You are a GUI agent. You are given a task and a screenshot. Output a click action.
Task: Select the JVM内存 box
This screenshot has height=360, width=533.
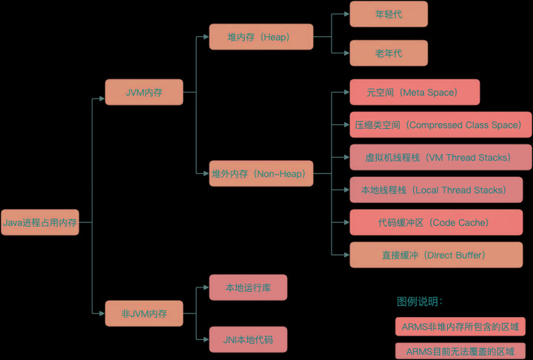pos(144,93)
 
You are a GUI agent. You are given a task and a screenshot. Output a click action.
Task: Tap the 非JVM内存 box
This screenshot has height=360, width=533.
pos(144,313)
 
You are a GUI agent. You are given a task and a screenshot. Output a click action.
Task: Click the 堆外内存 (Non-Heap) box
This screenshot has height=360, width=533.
pos(261,174)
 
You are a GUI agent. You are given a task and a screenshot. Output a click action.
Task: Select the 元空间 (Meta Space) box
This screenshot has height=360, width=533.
pos(415,93)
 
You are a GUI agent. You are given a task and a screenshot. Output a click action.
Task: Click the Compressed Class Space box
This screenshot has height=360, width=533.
pos(440,125)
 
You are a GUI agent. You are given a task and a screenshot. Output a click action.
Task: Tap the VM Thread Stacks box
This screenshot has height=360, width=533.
pos(440,158)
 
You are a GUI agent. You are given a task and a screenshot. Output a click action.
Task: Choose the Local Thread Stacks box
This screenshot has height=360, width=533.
pos(440,190)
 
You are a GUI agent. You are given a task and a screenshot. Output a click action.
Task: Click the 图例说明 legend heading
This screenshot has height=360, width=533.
pos(420,301)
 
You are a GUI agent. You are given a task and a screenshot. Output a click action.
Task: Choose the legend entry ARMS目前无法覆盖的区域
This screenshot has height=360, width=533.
pos(460,350)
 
